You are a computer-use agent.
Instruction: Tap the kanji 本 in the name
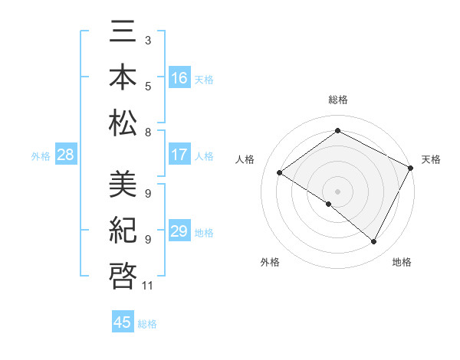pyautogui.click(x=123, y=77)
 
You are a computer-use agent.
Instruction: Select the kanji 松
pyautogui.click(x=123, y=123)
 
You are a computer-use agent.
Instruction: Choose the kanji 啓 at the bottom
pyautogui.click(x=123, y=275)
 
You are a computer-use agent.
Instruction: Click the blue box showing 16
pyautogui.click(x=179, y=77)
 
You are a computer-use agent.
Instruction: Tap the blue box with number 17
pyautogui.click(x=179, y=155)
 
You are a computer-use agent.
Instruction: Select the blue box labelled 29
pyautogui.click(x=179, y=231)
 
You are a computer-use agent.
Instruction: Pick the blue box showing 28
pyautogui.click(x=65, y=155)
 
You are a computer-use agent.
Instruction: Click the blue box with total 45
pyautogui.click(x=123, y=322)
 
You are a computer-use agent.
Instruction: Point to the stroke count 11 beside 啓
pyautogui.click(x=148, y=286)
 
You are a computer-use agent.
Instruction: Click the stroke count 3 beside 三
pyautogui.click(x=148, y=39)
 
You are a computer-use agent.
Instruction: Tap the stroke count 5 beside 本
pyautogui.click(x=148, y=85)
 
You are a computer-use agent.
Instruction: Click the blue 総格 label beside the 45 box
pyautogui.click(x=147, y=324)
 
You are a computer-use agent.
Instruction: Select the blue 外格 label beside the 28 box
pyautogui.click(x=41, y=156)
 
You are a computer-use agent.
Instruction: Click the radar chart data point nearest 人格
pyautogui.click(x=280, y=173)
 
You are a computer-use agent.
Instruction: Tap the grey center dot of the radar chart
pyautogui.click(x=337, y=191)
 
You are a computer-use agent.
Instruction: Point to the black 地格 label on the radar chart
pyautogui.click(x=402, y=262)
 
